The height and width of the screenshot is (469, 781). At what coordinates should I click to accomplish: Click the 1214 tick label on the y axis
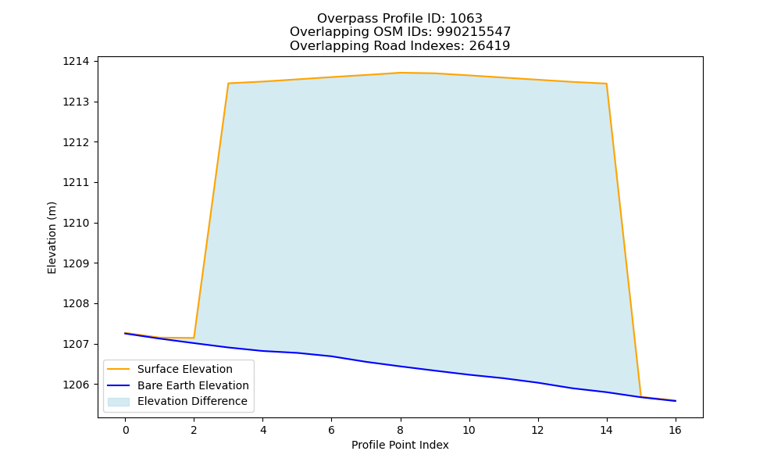click(76, 61)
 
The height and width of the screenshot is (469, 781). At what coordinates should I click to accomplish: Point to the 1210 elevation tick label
click(76, 223)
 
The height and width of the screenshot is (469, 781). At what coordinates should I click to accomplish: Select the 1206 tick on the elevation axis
click(76, 385)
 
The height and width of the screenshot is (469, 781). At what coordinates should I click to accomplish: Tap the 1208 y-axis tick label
click(76, 303)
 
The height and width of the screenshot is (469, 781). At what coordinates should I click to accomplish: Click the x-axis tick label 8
click(401, 430)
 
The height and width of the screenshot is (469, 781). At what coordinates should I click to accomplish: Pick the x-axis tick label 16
click(675, 430)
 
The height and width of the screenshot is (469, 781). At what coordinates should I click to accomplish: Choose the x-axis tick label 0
click(126, 430)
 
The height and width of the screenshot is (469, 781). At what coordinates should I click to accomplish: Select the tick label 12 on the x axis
click(537, 430)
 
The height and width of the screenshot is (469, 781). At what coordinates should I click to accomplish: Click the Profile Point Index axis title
click(400, 445)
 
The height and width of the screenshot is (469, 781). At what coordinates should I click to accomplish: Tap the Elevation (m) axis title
click(52, 238)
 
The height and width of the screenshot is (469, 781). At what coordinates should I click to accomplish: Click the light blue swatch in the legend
click(119, 402)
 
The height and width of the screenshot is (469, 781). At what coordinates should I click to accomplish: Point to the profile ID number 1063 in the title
click(466, 19)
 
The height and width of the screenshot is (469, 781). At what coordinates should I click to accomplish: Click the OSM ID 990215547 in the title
click(474, 32)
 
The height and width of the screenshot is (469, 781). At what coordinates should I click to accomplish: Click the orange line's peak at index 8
click(401, 73)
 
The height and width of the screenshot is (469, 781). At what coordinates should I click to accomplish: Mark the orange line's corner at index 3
click(228, 83)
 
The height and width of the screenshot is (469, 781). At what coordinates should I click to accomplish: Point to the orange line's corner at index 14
click(606, 84)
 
